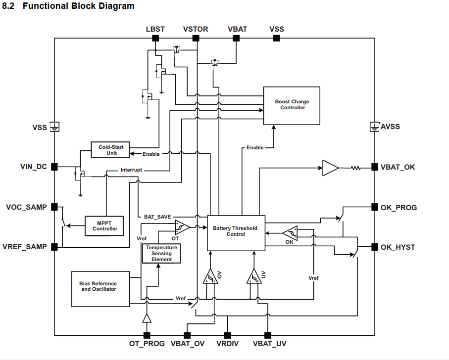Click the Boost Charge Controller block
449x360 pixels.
[x=292, y=105]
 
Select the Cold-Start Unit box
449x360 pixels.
[x=110, y=150]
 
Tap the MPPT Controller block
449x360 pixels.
[x=105, y=225]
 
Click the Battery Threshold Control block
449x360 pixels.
[x=236, y=232]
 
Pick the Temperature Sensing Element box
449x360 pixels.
[x=162, y=253]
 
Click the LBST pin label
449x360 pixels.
[x=155, y=29]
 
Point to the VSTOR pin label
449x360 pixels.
[x=196, y=29]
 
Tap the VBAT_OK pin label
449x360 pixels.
[x=398, y=167]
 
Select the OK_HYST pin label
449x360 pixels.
[x=398, y=247]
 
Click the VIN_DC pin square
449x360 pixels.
[x=54, y=167]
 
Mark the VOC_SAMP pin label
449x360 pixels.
[x=26, y=207]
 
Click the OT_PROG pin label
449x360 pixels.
[x=147, y=344]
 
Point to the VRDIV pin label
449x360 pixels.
[x=228, y=344]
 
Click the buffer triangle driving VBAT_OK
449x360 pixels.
[x=330, y=168]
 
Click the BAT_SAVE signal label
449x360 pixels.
[x=157, y=217]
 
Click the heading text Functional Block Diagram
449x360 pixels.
[x=78, y=6]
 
